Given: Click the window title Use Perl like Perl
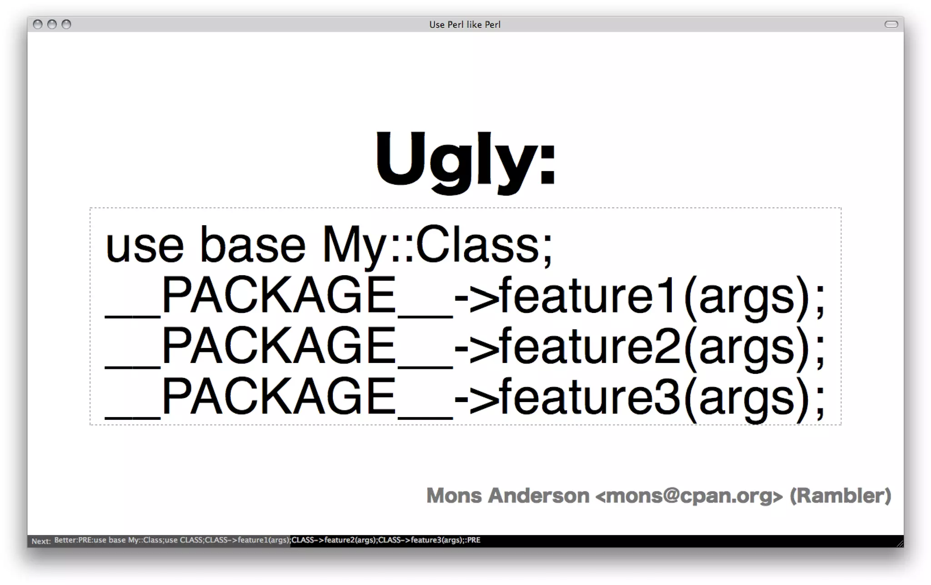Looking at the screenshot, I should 465,25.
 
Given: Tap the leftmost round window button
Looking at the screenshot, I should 38,25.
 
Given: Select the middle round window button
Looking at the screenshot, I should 52,25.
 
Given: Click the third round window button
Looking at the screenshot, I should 66,25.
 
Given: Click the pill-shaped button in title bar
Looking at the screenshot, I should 891,25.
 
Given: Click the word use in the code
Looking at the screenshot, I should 145,246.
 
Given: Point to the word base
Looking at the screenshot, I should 253,246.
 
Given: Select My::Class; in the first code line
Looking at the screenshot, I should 437,246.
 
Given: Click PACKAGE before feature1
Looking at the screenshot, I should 278,296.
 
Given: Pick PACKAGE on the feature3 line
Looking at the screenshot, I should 278,398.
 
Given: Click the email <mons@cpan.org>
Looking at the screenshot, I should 689,496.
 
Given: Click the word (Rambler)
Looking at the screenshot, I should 840,496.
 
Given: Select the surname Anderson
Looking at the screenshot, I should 539,496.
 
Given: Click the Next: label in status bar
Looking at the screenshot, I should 41,541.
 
